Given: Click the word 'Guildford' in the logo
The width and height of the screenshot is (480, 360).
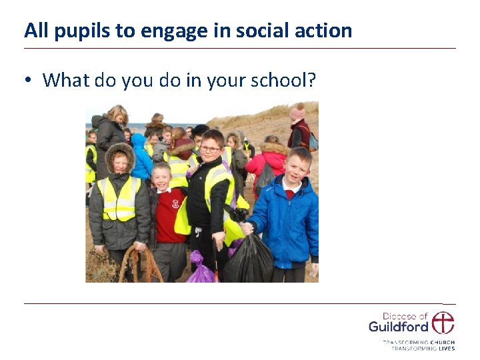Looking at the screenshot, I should tap(398, 327).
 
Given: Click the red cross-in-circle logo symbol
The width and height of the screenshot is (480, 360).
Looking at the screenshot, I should tap(443, 323).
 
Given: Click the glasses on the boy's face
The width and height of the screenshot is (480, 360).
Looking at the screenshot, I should tap(209, 148).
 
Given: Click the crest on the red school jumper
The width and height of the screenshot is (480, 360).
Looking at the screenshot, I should tap(175, 203).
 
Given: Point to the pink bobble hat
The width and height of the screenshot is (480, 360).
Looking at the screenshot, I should tap(297, 113).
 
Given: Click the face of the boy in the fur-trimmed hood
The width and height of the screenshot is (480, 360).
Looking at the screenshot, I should tap(120, 163).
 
